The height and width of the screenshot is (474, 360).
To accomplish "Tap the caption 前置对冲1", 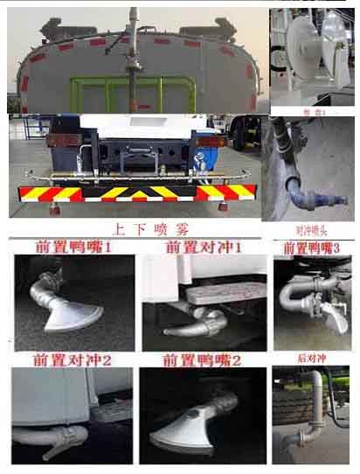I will coord(203,248).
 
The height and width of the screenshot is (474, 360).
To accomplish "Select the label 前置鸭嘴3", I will coord(311,248).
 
